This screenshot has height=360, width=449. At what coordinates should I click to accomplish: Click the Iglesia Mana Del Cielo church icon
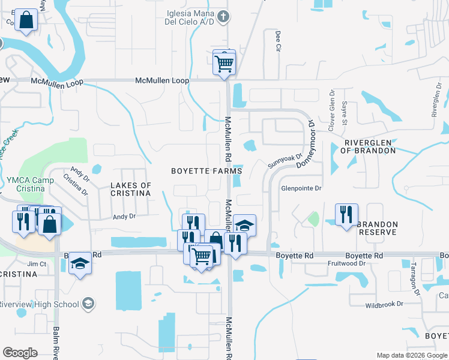click(x=223, y=17)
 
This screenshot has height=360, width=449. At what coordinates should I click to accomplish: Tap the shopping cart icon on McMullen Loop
click(x=224, y=62)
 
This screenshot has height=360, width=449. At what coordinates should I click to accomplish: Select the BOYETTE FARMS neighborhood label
click(x=206, y=170)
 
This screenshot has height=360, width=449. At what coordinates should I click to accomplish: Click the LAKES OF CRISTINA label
click(x=131, y=189)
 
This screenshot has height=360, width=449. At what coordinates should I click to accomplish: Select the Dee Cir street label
click(x=278, y=41)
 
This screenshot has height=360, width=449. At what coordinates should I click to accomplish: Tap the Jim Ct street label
click(x=37, y=263)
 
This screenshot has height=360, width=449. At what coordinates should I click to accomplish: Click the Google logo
click(x=20, y=353)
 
